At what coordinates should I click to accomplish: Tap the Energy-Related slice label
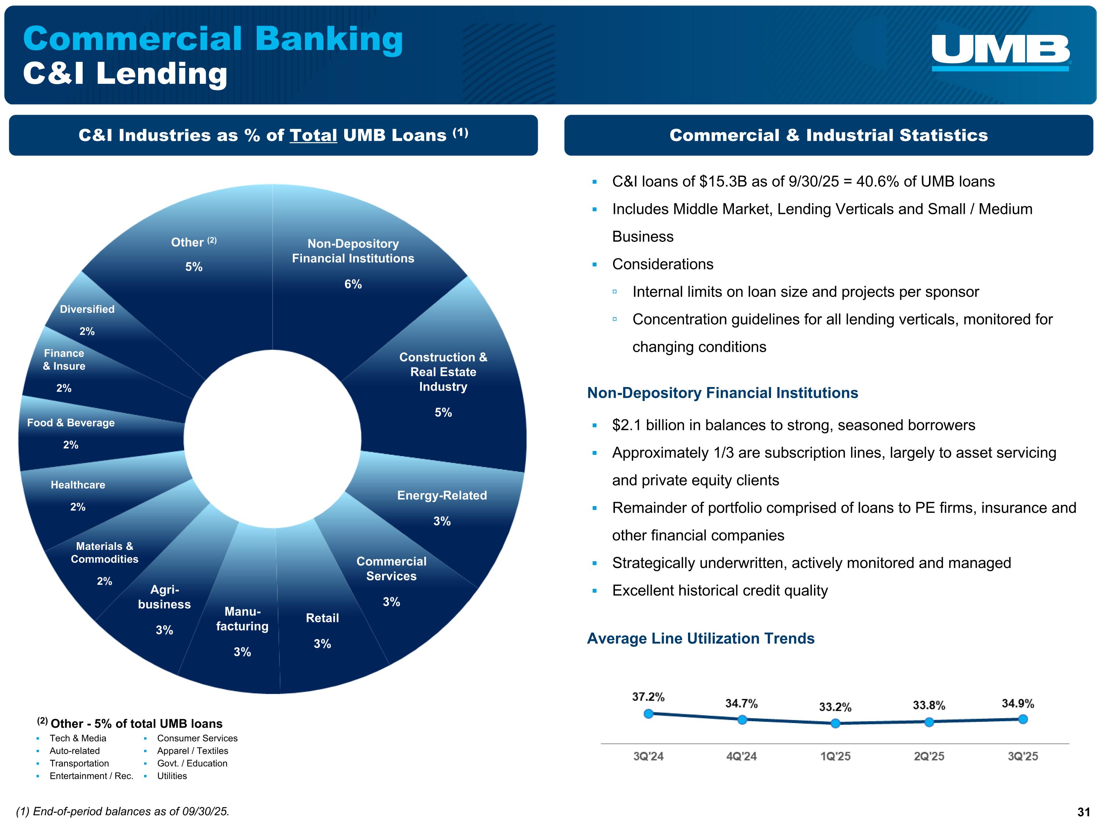pos(442,495)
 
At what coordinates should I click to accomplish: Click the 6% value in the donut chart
pos(353,284)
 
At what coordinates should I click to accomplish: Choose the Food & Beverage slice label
pos(71,423)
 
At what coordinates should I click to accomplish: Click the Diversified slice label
pos(87,309)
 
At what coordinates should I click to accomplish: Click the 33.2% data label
pos(835,707)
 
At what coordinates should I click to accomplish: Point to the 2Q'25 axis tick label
pos(929,756)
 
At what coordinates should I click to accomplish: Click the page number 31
pos(1084,812)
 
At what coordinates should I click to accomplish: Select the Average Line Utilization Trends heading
pos(701,638)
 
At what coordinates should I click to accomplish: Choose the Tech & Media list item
pos(78,738)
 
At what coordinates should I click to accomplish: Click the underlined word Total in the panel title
pos(313,135)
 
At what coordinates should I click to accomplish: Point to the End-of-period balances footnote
pos(123,812)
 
